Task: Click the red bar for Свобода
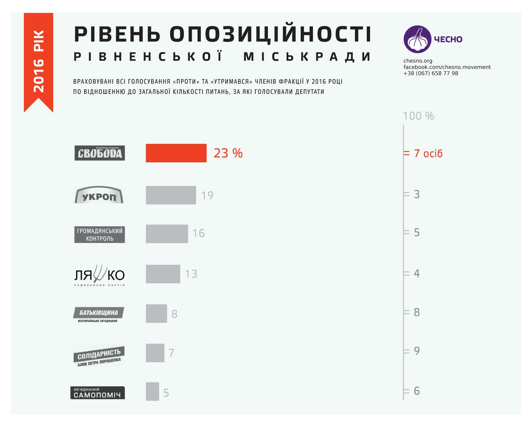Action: pyautogui.click(x=176, y=153)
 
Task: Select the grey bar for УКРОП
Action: pyautogui.click(x=171, y=195)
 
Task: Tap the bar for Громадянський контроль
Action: pyautogui.click(x=167, y=234)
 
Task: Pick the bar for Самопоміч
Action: pyautogui.click(x=152, y=391)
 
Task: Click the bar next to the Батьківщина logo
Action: pyautogui.click(x=156, y=313)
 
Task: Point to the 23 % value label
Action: pyautogui.click(x=228, y=153)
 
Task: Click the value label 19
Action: pyautogui.click(x=207, y=195)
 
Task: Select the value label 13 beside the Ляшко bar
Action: pyautogui.click(x=191, y=274)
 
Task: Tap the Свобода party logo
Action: pyautogui.click(x=99, y=153)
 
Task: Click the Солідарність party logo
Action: pyautogui.click(x=99, y=356)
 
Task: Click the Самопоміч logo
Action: pyautogui.click(x=97, y=392)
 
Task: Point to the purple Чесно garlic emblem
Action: pyautogui.click(x=417, y=39)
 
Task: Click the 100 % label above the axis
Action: pyautogui.click(x=418, y=116)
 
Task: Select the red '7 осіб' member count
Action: pyautogui.click(x=428, y=153)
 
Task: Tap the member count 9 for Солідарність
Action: pyautogui.click(x=417, y=351)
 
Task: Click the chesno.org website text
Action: pyautogui.click(x=418, y=61)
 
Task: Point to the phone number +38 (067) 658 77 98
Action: pyautogui.click(x=431, y=73)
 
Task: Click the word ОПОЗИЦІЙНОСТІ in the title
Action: pyautogui.click(x=270, y=34)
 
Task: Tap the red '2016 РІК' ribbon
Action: pyautogui.click(x=39, y=61)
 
